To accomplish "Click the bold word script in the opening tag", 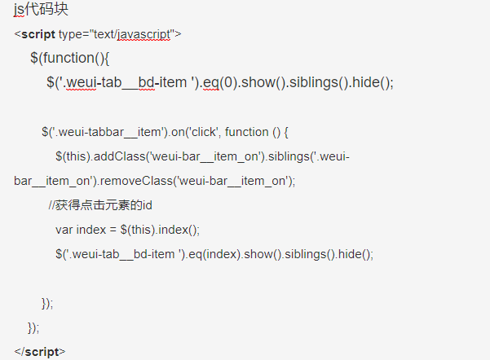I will [38, 34].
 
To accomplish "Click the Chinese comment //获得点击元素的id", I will [100, 205].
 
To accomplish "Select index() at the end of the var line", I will [179, 230].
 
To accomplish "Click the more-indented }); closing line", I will [47, 303].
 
